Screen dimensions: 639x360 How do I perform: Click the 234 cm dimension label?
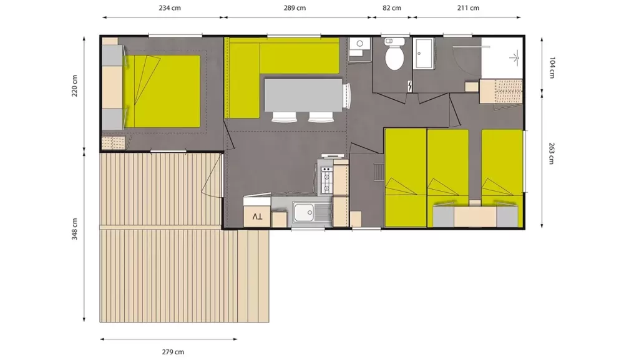tap(170, 7)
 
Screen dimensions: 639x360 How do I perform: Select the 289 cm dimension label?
tap(295, 7)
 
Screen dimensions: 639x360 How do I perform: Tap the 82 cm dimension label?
tap(392, 7)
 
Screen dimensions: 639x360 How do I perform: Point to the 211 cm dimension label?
tap(468, 7)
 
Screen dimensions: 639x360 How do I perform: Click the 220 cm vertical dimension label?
tap(75, 85)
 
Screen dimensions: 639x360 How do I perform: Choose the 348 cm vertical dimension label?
tap(75, 229)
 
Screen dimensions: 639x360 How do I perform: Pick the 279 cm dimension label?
tap(173, 352)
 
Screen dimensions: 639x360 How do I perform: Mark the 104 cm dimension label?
tap(552, 67)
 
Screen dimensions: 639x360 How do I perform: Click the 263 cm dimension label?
tap(552, 153)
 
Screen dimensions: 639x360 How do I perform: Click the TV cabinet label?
tap(257, 216)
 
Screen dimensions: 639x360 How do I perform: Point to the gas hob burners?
tap(327, 180)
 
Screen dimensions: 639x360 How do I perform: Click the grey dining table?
tap(303, 95)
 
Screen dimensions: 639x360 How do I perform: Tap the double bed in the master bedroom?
tap(162, 91)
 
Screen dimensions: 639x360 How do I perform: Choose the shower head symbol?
tap(515, 58)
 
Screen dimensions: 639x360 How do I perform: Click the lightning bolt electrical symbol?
tap(409, 85)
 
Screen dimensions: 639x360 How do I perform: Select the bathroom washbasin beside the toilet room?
tap(424, 54)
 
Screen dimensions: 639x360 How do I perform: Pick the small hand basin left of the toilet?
tap(359, 43)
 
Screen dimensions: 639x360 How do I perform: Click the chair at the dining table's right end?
tap(346, 95)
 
